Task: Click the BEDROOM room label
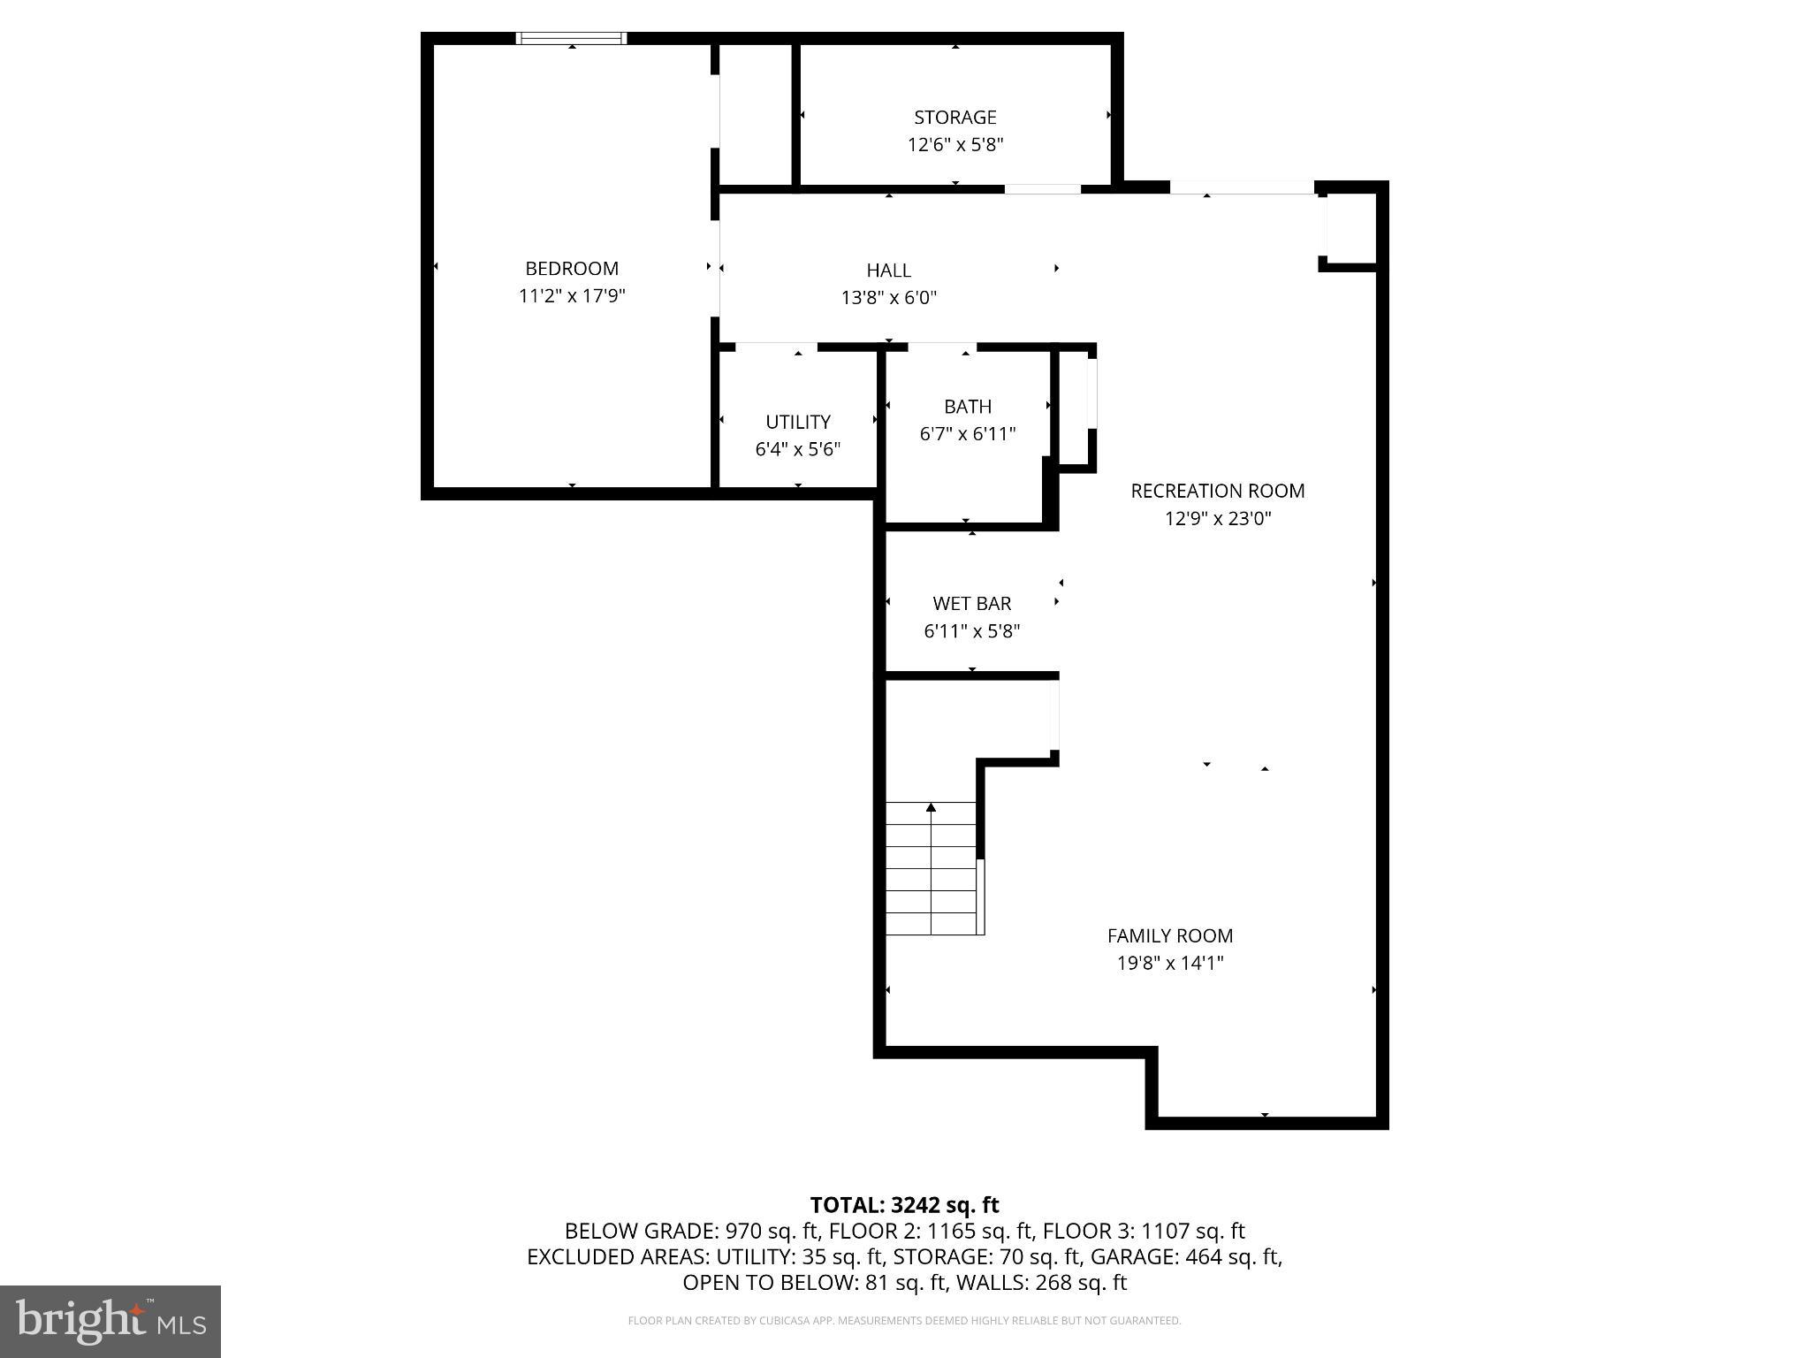pyautogui.click(x=571, y=268)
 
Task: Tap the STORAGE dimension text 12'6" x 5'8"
pyautogui.click(x=954, y=145)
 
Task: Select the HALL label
pyautogui.click(x=888, y=271)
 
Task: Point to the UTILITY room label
pyautogui.click(x=797, y=422)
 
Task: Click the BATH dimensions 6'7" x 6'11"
pyautogui.click(x=967, y=434)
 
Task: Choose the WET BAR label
pyautogui.click(x=971, y=604)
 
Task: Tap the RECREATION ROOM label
pyautogui.click(x=1217, y=491)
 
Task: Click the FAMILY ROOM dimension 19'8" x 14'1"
pyautogui.click(x=1169, y=963)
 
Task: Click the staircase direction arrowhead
pyautogui.click(x=931, y=806)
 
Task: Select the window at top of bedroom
pyautogui.click(x=572, y=38)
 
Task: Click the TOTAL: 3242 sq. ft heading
pyautogui.click(x=904, y=1204)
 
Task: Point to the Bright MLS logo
pyautogui.click(x=110, y=1321)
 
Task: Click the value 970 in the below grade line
pyautogui.click(x=742, y=1231)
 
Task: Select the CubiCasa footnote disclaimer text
pyautogui.click(x=904, y=1321)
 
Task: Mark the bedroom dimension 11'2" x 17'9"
pyautogui.click(x=571, y=296)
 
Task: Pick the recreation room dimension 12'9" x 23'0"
pyautogui.click(x=1217, y=519)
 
